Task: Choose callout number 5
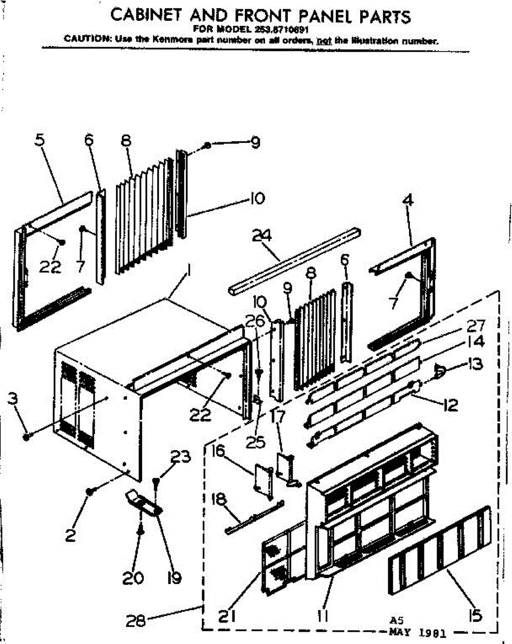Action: click(40, 141)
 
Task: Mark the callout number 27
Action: click(476, 326)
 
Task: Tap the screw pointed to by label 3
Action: click(26, 437)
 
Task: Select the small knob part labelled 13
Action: click(439, 369)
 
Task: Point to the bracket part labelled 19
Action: click(143, 502)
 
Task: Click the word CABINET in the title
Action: click(142, 16)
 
